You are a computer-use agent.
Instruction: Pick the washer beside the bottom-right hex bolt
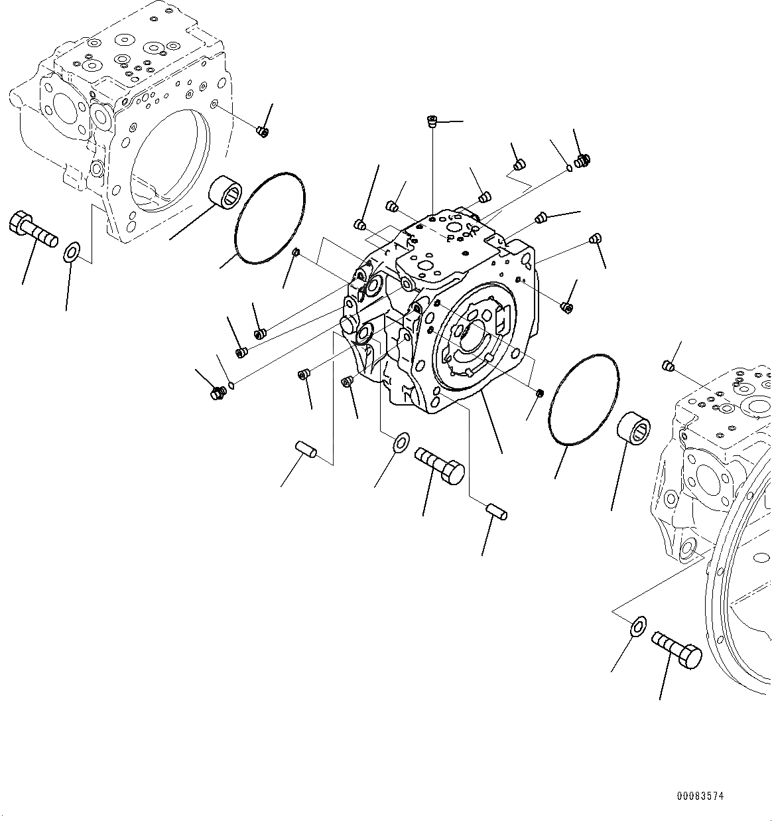[637, 625]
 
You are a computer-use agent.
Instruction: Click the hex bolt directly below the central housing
[440, 464]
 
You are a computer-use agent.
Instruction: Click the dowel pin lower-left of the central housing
[305, 448]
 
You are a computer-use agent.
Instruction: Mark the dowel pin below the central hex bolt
[497, 511]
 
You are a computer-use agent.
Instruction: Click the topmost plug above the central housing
[432, 121]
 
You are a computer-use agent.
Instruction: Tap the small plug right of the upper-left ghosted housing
[262, 131]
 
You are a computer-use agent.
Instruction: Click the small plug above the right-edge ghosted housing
[669, 366]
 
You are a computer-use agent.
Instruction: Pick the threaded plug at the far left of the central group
[217, 394]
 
